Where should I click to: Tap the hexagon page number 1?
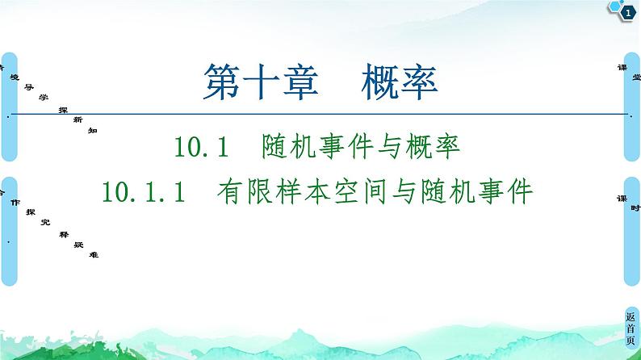[x=627, y=10]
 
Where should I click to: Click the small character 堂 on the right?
[x=635, y=77]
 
